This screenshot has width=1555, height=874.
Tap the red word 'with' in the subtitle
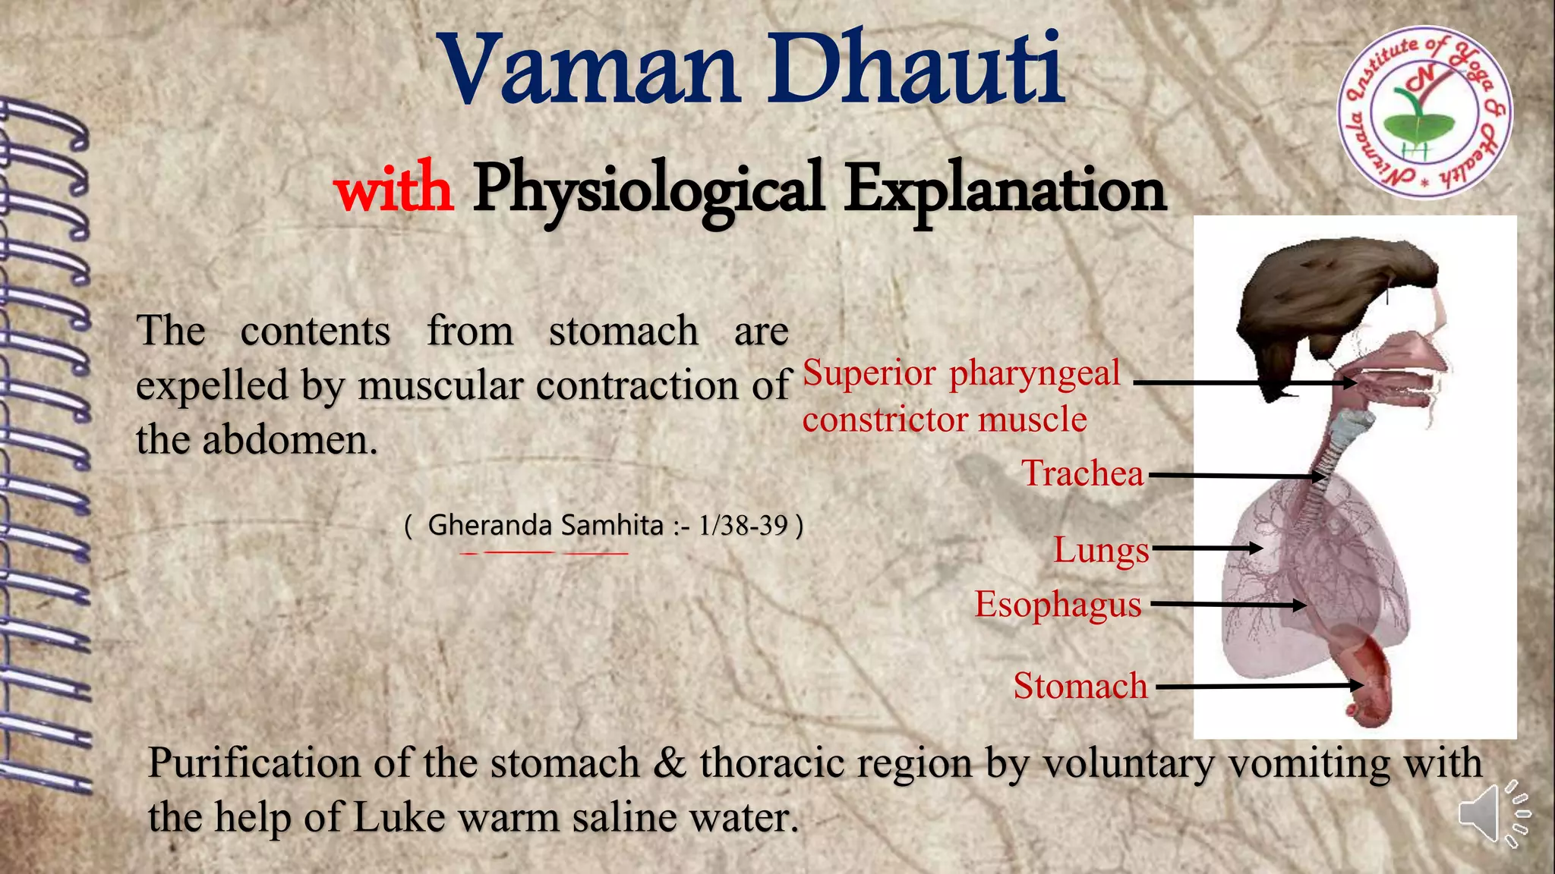tap(393, 188)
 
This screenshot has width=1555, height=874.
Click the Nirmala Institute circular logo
tap(1424, 113)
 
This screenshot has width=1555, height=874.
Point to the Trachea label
tap(1082, 473)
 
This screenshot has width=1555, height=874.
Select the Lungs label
tap(1101, 549)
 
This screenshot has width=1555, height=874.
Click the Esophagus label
tap(1058, 605)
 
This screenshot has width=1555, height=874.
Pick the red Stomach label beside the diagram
tap(1080, 686)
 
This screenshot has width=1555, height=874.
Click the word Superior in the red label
tap(869, 373)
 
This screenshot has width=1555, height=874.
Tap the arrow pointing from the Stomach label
tap(1257, 687)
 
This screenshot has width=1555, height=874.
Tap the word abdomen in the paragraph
tap(289, 440)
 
